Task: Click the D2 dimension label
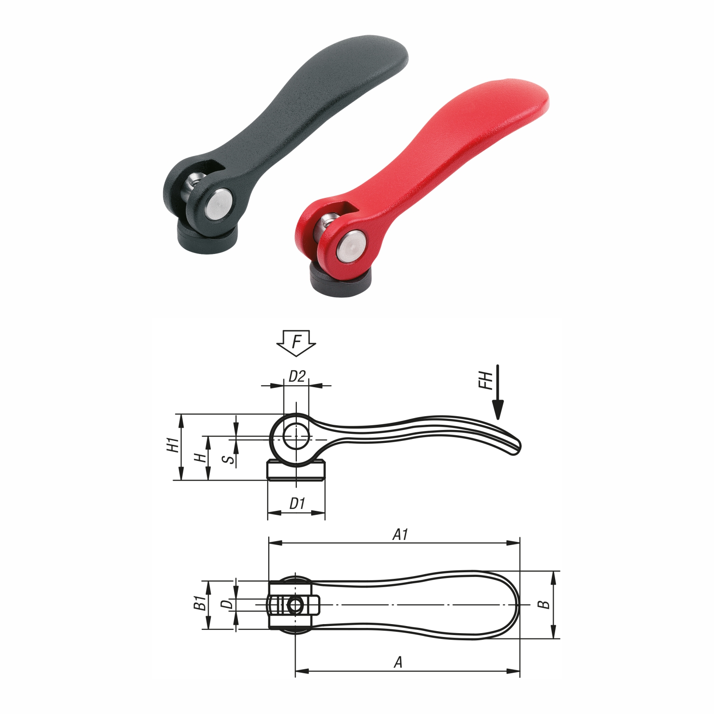tap(297, 376)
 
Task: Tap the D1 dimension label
tap(297, 503)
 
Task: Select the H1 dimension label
tap(173, 445)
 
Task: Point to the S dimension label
tap(229, 460)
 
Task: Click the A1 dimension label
tap(401, 535)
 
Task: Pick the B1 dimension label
tap(200, 603)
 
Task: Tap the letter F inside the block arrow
tap(296, 342)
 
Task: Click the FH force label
tap(485, 381)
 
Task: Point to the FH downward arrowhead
tap(498, 410)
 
